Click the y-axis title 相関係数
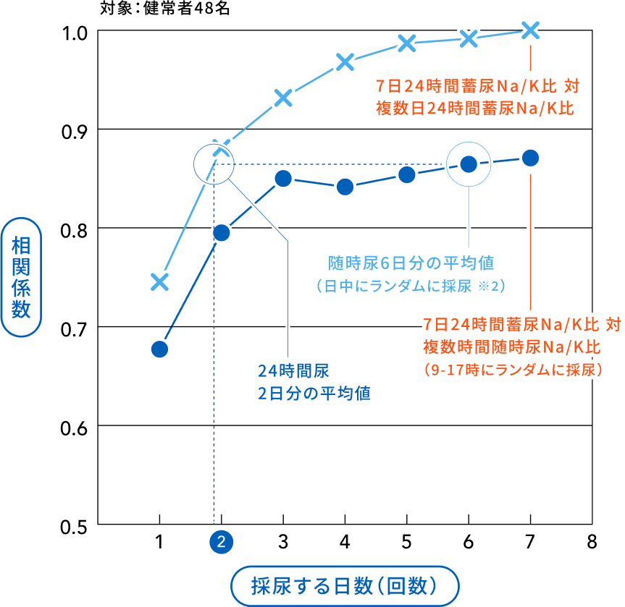pyautogui.click(x=21, y=277)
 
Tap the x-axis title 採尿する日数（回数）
pyautogui.click(x=344, y=585)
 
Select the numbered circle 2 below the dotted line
pyautogui.click(x=222, y=541)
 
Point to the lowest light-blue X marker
pyautogui.click(x=159, y=281)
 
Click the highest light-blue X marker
pyautogui.click(x=531, y=30)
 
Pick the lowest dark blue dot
pyautogui.click(x=159, y=349)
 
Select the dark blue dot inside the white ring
pyautogui.click(x=469, y=164)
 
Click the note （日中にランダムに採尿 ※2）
pyautogui.click(x=411, y=286)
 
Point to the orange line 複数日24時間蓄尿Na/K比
pyautogui.click(x=474, y=109)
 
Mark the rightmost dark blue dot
pyautogui.click(x=531, y=157)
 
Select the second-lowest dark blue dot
pyautogui.click(x=221, y=232)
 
